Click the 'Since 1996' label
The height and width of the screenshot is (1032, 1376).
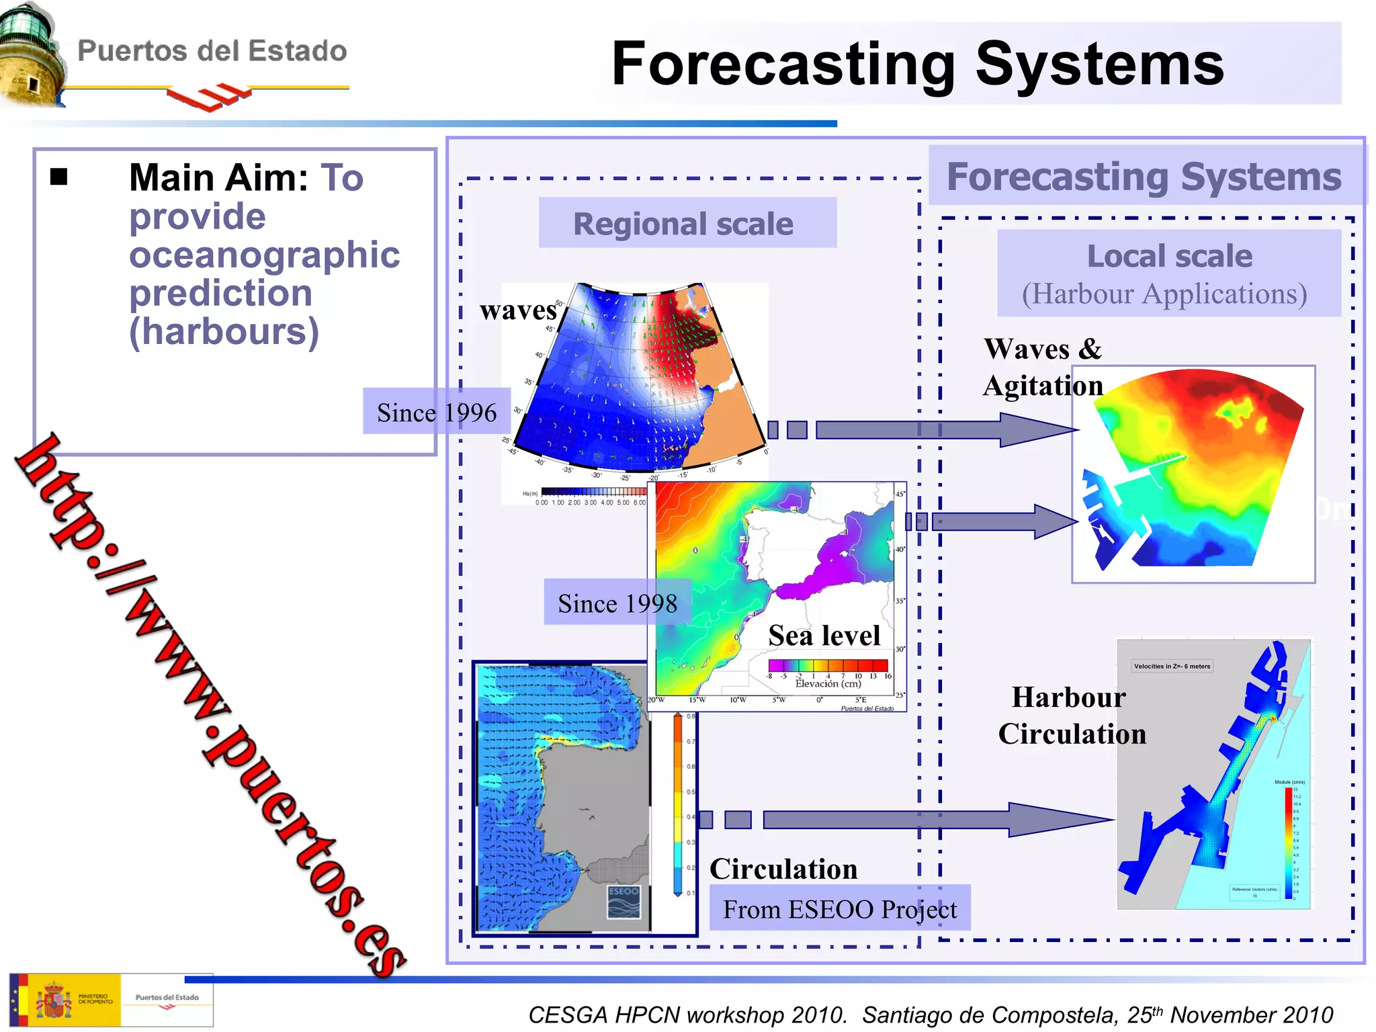437,412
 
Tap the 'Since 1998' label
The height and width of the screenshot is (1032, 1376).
617,603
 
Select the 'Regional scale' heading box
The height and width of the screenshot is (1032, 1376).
687,223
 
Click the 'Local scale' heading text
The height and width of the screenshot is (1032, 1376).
1169,256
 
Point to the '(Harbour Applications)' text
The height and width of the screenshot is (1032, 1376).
1164,294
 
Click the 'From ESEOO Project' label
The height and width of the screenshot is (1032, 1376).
839,909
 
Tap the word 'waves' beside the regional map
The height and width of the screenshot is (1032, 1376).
518,310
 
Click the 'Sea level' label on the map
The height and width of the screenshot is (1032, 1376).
824,635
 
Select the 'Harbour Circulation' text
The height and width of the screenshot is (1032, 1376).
1071,716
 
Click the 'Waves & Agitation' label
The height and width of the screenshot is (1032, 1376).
1043,368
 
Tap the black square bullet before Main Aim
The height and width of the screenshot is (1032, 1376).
59,177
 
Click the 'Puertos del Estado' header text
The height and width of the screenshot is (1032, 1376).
212,51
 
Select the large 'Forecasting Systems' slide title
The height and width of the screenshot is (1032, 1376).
917,64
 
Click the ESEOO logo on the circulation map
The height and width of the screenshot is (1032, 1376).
623,902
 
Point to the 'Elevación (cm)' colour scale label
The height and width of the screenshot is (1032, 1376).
828,684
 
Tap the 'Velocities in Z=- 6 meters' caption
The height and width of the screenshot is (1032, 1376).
1172,666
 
